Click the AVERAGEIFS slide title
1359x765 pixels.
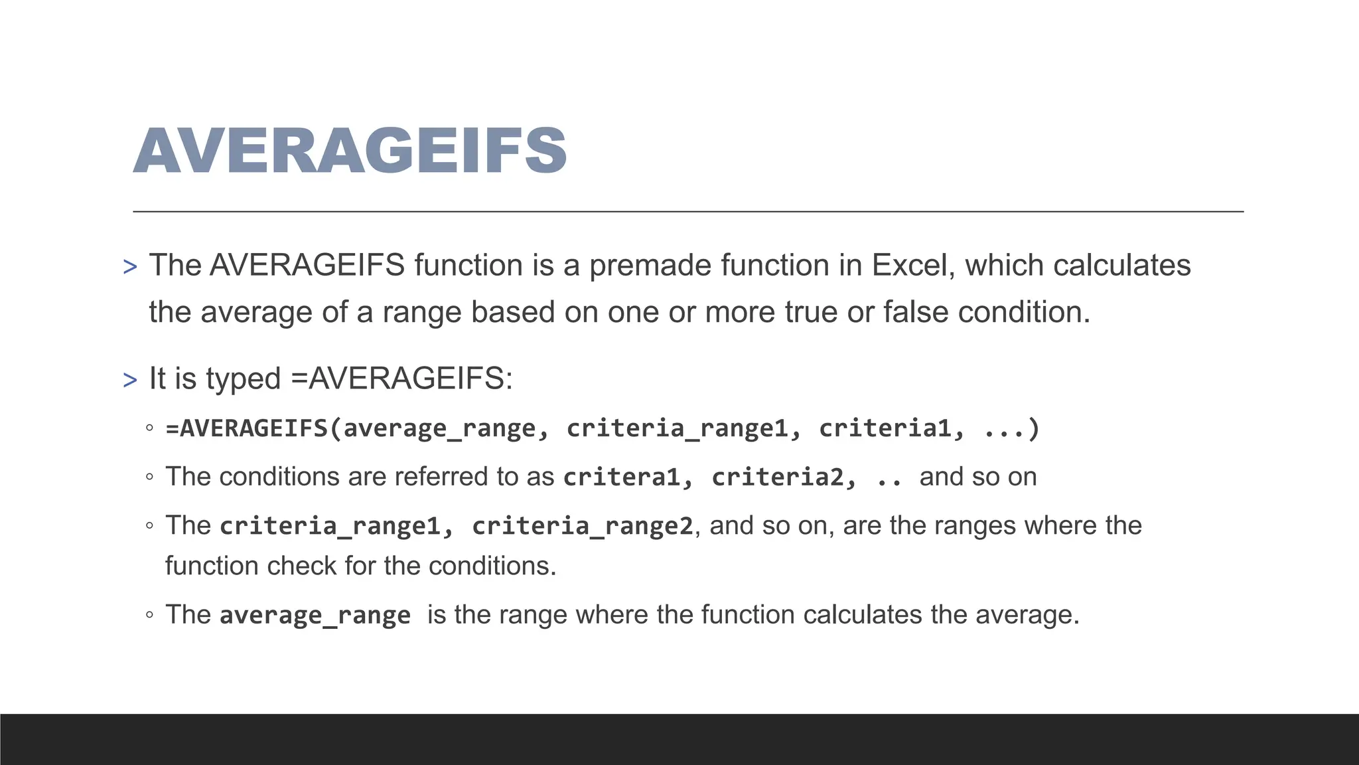(350, 151)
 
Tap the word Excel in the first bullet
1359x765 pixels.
(913, 266)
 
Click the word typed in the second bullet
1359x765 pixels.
(243, 379)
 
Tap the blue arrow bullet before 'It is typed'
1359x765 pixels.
(130, 381)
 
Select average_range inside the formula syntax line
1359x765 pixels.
(439, 428)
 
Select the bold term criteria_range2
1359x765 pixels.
(582, 526)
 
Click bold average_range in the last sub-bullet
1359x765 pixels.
(315, 616)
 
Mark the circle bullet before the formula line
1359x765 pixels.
(150, 428)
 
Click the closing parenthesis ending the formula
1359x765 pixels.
(1033, 428)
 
